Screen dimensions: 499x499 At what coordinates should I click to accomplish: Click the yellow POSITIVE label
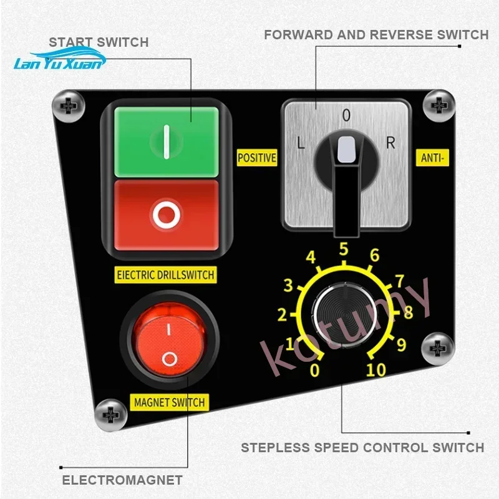click(257, 158)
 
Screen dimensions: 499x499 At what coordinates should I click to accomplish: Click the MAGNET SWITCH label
click(170, 402)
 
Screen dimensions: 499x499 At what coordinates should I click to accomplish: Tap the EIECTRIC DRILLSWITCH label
click(166, 274)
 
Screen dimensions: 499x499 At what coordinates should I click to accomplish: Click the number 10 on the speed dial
click(375, 370)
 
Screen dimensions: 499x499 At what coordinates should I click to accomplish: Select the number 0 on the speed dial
click(315, 371)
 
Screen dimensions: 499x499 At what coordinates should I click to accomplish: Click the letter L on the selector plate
click(301, 143)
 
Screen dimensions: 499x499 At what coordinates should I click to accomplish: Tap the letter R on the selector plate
click(390, 143)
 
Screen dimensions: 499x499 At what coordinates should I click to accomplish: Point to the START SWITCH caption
click(99, 42)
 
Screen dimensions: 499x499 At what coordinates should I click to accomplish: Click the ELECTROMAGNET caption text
click(122, 480)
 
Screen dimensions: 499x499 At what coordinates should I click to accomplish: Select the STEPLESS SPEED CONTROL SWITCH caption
click(362, 447)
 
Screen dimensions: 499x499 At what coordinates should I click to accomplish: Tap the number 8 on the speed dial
click(408, 312)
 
